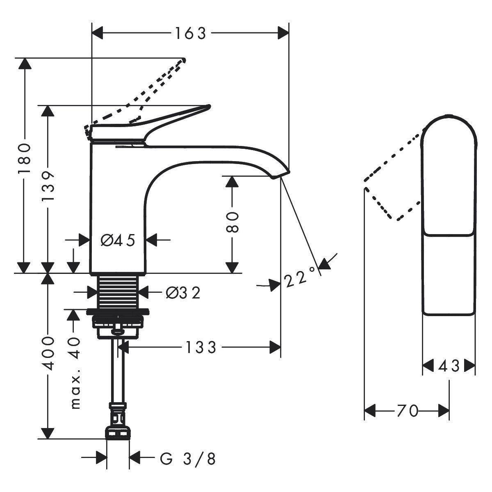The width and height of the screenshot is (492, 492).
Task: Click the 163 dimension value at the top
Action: [190, 34]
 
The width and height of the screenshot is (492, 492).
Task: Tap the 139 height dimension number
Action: [49, 186]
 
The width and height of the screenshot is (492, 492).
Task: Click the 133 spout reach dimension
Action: [200, 348]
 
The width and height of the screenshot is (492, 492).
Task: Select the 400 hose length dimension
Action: [48, 353]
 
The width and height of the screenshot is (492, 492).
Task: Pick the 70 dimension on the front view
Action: [407, 410]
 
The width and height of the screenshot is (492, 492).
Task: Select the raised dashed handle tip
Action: [183, 60]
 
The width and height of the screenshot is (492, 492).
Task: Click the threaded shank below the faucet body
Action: [118, 291]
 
